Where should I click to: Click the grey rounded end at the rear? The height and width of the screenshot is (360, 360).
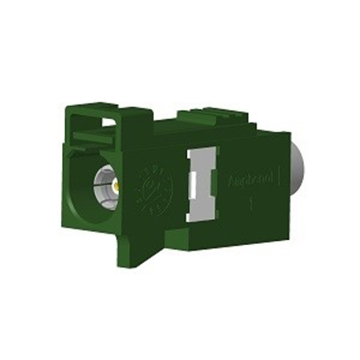299,169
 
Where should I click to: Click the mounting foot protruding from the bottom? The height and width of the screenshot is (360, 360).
135,247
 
